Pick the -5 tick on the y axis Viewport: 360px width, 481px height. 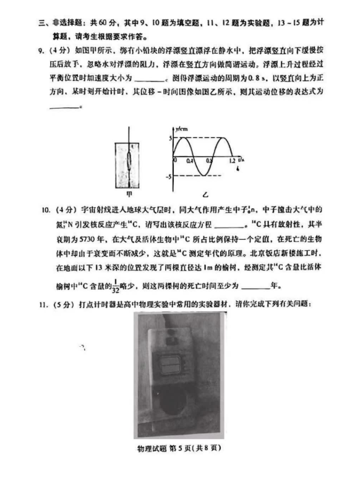167,177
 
